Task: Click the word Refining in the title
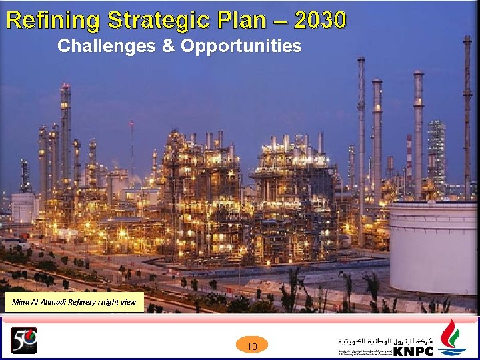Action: pos(52,21)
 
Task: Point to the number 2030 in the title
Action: pos(320,21)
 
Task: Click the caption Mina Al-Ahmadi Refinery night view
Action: pos(73,302)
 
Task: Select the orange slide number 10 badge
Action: pos(252,346)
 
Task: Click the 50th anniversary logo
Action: pos(23,341)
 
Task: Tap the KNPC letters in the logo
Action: pos(413,351)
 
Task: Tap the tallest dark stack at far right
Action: pos(467,113)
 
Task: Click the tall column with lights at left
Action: pos(65,133)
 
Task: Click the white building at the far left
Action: pos(23,207)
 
